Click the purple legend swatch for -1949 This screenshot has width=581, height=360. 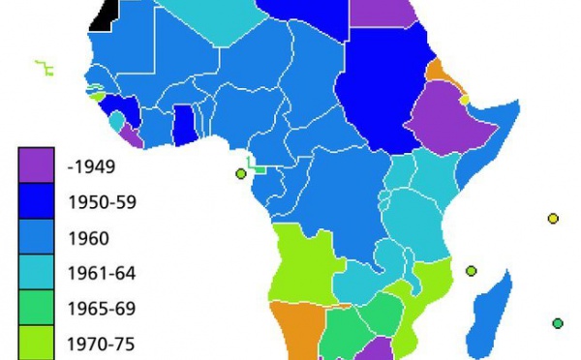click(34, 165)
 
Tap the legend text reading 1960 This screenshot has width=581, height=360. click(88, 237)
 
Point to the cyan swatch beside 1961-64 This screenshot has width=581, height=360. click(34, 272)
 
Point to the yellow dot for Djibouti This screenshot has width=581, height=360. click(464, 100)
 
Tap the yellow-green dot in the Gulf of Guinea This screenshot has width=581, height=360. click(240, 173)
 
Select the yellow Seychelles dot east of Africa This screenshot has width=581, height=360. click(553, 219)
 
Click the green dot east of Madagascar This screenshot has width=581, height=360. click(558, 323)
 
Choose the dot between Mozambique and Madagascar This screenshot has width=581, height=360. click(471, 271)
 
